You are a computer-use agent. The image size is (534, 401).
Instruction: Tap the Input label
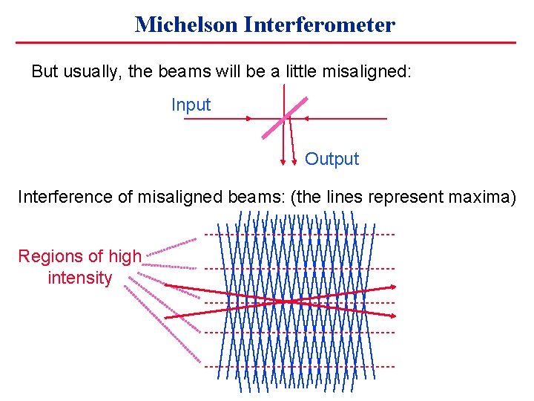191,105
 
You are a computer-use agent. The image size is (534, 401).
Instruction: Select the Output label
332,159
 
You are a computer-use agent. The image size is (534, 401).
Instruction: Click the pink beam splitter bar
284,117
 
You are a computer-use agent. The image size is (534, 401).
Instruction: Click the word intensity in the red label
79,278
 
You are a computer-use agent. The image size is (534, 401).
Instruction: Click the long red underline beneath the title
266,42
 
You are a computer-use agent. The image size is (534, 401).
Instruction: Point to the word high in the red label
125,257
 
